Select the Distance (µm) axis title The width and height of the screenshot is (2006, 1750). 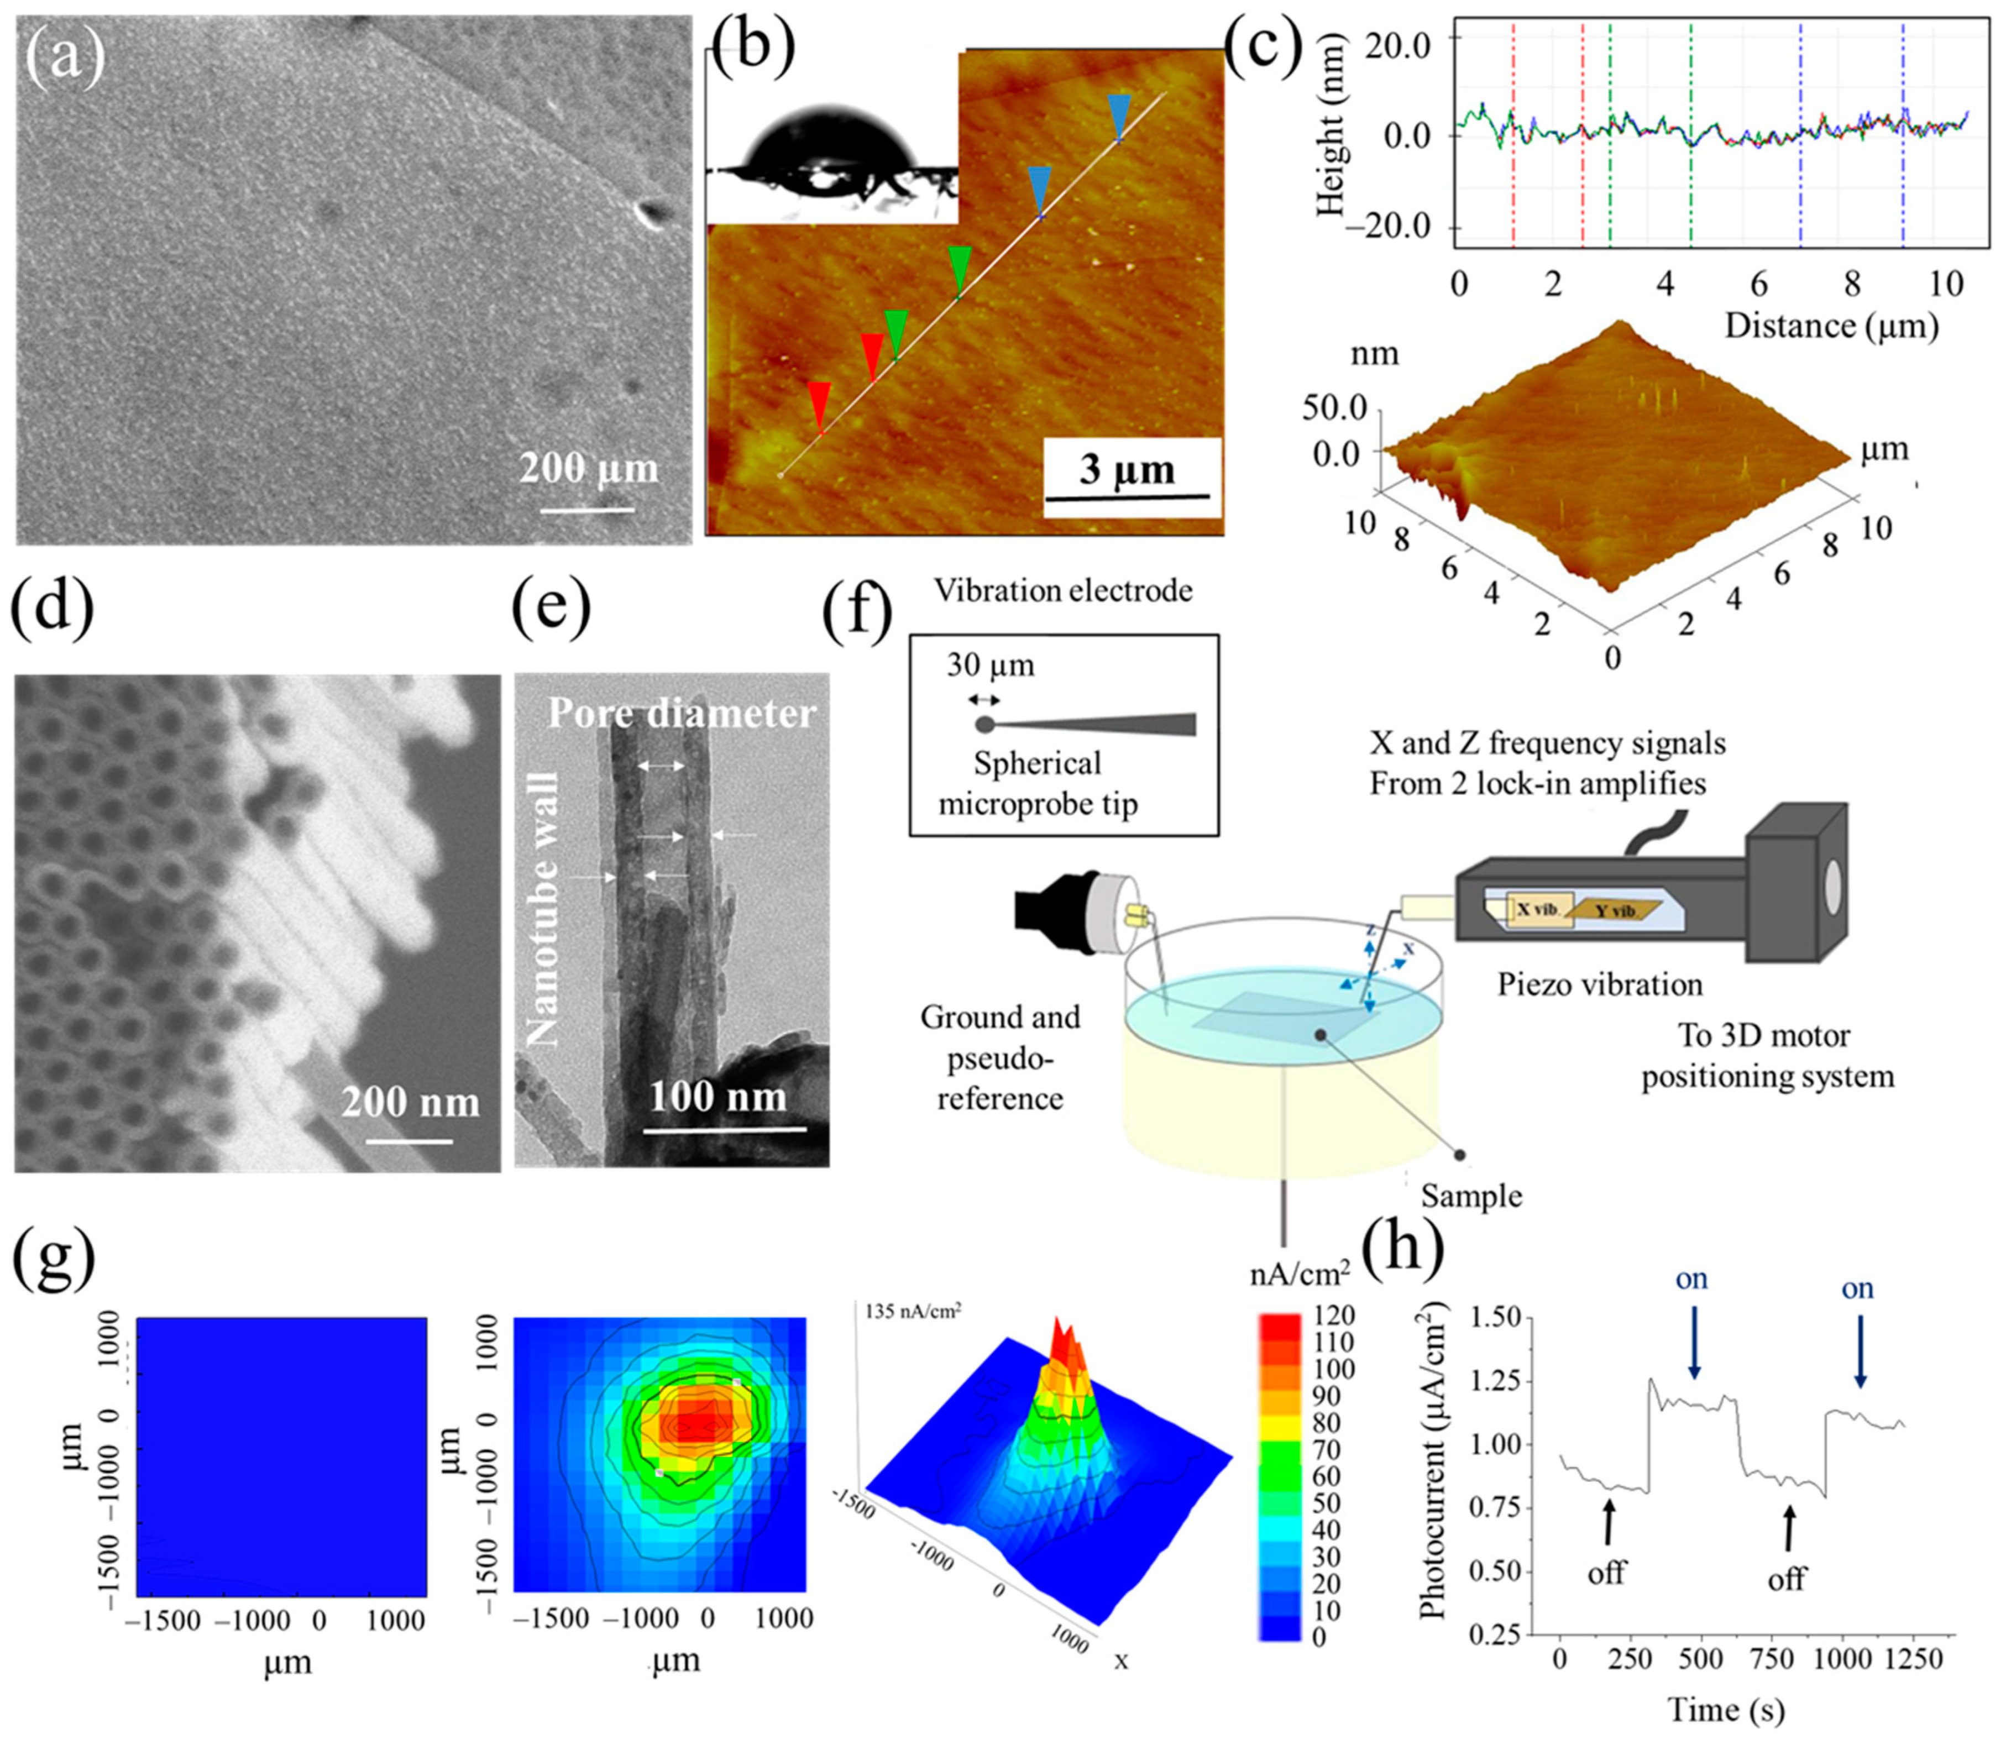1831,324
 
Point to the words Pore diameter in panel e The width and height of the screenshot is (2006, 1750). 680,713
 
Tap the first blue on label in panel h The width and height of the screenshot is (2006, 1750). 1691,1279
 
